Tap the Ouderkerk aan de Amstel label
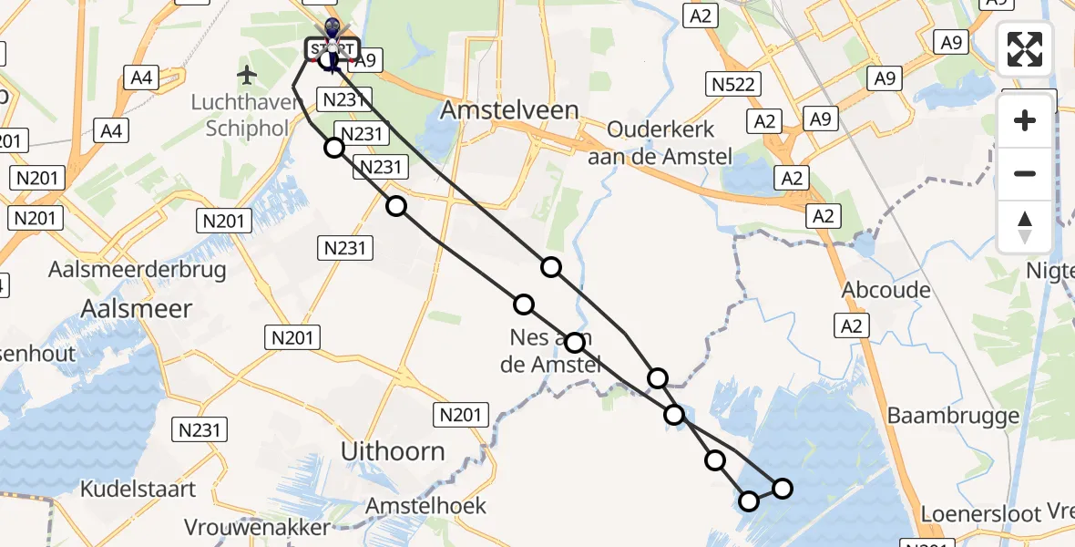point(660,143)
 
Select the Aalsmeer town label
point(137,309)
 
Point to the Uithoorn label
point(393,450)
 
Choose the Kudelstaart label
point(138,490)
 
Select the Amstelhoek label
point(426,506)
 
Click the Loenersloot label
point(980,514)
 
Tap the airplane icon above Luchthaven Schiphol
point(247,73)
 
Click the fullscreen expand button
point(1025,49)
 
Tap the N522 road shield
point(733,86)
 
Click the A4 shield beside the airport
point(140,77)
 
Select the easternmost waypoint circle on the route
point(782,489)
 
